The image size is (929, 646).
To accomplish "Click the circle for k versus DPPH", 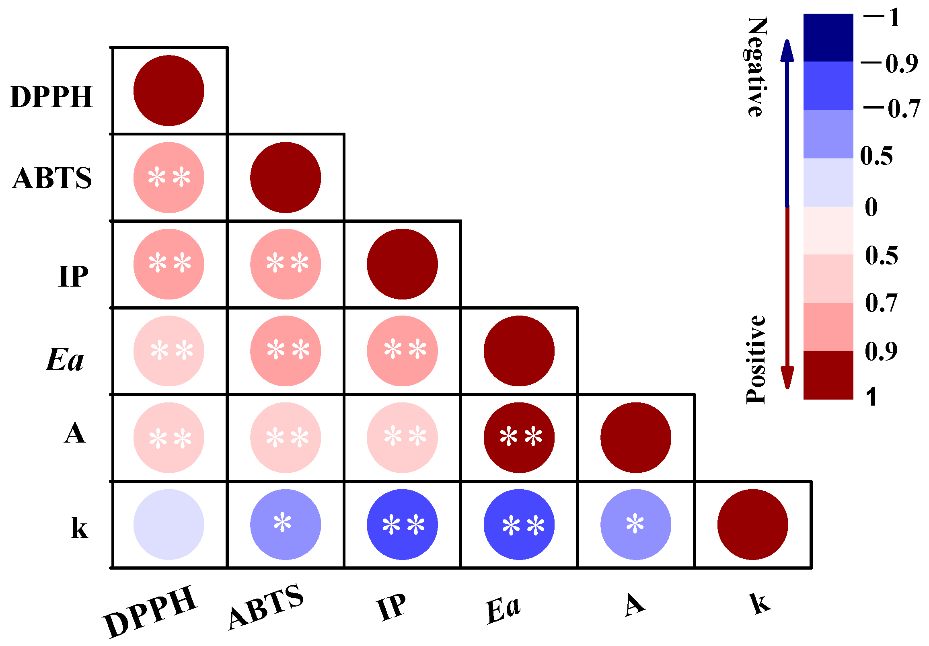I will pyautogui.click(x=169, y=524).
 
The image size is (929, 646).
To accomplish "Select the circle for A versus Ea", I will pyautogui.click(x=519, y=437).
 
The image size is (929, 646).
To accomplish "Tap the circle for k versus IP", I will pyautogui.click(x=402, y=524).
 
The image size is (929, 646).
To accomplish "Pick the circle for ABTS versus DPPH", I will pyautogui.click(x=169, y=177).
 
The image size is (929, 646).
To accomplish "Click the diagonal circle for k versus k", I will pyautogui.click(x=752, y=524).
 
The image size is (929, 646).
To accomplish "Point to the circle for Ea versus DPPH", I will pyautogui.click(x=169, y=351).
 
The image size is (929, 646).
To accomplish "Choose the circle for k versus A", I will pyautogui.click(x=636, y=524).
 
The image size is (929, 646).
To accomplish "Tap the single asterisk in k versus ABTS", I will pyautogui.click(x=282, y=522).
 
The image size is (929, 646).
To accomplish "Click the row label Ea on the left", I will pyautogui.click(x=65, y=359).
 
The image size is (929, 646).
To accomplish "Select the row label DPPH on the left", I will pyautogui.click(x=51, y=97).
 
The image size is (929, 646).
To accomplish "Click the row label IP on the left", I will pyautogui.click(x=73, y=277).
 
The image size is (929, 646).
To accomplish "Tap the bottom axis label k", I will pyautogui.click(x=760, y=603).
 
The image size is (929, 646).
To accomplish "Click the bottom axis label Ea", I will pyautogui.click(x=503, y=609).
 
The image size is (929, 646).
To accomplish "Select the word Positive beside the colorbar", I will pyautogui.click(x=756, y=359).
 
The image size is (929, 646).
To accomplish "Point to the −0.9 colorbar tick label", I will pyautogui.click(x=889, y=63).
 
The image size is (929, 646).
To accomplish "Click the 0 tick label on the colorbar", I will pyautogui.click(x=871, y=207).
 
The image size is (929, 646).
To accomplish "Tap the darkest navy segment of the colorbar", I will pyautogui.click(x=828, y=37).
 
